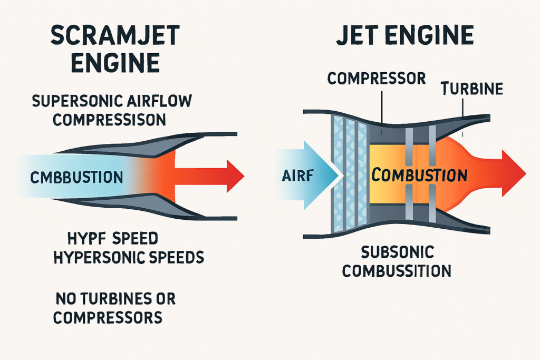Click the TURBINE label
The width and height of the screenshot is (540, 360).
pyautogui.click(x=472, y=89)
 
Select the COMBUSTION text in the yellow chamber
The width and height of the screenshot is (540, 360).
pyautogui.click(x=419, y=174)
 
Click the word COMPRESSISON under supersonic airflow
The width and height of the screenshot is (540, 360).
pyautogui.click(x=109, y=120)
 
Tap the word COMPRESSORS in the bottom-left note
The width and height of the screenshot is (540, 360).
pyautogui.click(x=107, y=318)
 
